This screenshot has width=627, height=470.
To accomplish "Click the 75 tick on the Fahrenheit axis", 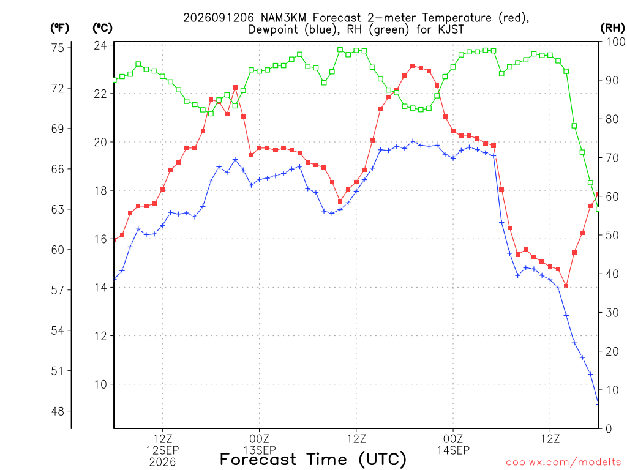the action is coord(58,48).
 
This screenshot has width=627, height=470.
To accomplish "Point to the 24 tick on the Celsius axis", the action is coord(100,45).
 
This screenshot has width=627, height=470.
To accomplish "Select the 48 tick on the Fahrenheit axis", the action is coord(58,411).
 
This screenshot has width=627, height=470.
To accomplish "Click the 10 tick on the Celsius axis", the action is coord(100,384).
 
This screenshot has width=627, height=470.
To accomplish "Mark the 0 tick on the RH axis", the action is coord(609,429).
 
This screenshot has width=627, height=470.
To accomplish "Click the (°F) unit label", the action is coord(59,28).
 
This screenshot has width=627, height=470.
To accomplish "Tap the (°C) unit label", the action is coord(102,28).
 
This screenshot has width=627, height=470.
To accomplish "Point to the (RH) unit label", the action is coord(612,28).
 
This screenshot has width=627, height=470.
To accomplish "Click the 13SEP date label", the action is coord(260,450).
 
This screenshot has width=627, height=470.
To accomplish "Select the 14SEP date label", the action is coord(453,450).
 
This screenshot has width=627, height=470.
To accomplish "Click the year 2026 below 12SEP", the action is coord(162,463).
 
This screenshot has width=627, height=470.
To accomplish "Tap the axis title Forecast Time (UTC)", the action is coord(313,460).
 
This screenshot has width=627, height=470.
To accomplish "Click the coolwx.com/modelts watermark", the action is coord(563,463).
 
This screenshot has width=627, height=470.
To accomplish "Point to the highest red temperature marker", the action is coord(413,66).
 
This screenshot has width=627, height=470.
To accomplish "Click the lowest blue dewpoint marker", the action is coord(598,404).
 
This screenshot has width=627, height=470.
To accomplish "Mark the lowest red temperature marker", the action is coord(566,286).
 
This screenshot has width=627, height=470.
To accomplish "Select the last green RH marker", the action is coord(598,209).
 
